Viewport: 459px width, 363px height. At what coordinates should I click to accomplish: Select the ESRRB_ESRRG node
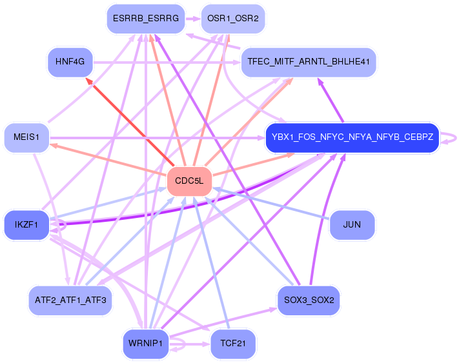pos(145,19)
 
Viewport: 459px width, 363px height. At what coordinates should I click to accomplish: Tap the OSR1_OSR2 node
pos(233,19)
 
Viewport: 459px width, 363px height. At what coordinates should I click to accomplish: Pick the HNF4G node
pos(70,62)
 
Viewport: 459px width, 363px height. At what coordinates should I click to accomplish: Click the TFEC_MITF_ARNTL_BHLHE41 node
pos(309,62)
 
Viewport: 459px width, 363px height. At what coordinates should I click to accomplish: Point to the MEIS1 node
pos(26,137)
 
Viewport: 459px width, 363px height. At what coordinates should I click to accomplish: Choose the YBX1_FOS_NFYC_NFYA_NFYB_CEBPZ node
pos(352,137)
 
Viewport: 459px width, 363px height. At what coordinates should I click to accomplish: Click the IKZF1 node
pos(26,225)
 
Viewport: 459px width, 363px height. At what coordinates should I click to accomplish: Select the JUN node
pos(352,225)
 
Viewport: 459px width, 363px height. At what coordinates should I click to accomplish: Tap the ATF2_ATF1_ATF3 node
pos(70,300)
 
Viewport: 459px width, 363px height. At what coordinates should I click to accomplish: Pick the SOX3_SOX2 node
pos(309,300)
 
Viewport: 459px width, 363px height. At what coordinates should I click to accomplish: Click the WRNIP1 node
pos(146,344)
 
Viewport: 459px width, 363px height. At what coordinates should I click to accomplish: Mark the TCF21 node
pos(233,344)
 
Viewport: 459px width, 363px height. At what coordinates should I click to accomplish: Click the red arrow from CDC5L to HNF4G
pos(132,123)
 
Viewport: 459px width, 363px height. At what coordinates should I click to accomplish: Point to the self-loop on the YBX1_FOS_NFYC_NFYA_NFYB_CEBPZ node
pos(453,137)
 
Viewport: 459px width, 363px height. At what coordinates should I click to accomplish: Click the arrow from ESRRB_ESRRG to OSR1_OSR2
pos(193,19)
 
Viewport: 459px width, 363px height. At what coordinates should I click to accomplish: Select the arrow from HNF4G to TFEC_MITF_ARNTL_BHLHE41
pos(168,62)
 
